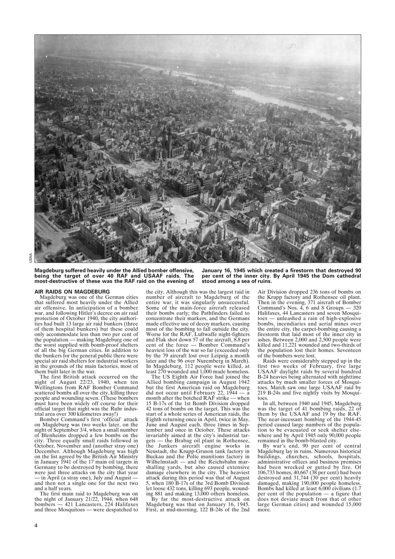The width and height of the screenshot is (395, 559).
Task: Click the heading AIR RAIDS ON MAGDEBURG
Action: [x=72, y=291]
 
